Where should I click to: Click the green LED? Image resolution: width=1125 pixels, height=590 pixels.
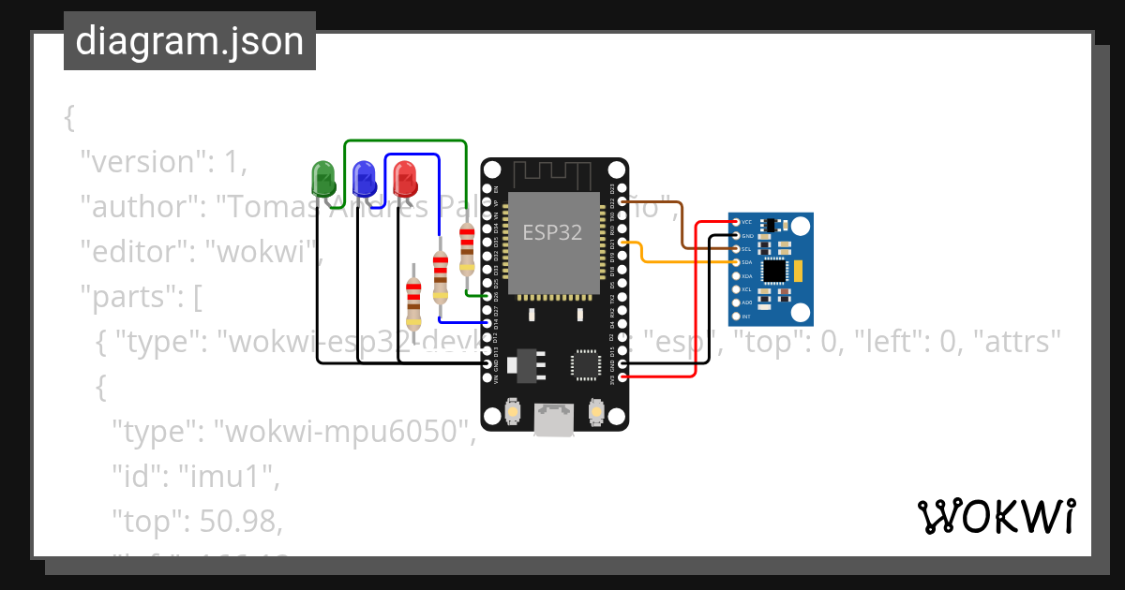(322, 176)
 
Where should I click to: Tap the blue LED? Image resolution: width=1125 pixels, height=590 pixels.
(364, 176)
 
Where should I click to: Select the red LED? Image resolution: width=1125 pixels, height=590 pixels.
(405, 176)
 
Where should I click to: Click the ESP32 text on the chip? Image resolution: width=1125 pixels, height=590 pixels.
(552, 233)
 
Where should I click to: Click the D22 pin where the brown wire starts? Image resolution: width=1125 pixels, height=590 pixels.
(622, 201)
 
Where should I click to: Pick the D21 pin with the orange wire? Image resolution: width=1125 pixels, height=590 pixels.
(622, 243)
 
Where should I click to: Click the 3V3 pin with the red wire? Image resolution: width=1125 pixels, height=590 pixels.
(622, 377)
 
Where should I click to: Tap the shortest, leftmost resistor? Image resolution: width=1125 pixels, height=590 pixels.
(413, 299)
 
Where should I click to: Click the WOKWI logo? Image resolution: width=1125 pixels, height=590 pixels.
(996, 516)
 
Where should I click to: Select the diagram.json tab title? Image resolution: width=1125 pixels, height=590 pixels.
(189, 41)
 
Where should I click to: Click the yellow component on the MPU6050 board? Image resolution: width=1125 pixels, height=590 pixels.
(799, 272)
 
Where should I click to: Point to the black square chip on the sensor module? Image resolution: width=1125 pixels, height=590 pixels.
(774, 272)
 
